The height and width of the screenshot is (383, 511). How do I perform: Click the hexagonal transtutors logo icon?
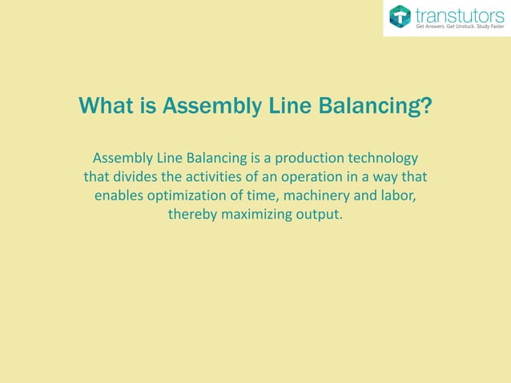click(x=400, y=17)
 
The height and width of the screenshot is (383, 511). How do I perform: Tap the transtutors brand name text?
click(x=458, y=14)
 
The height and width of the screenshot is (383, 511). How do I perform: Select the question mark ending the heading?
click(x=425, y=107)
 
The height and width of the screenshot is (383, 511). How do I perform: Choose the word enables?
click(x=122, y=196)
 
